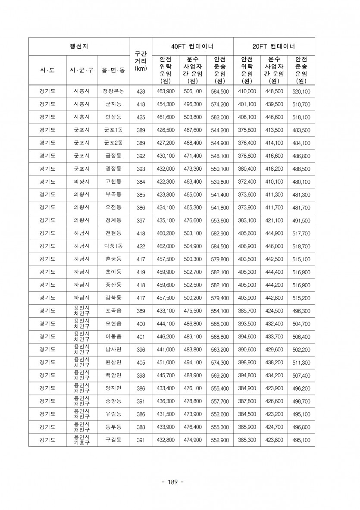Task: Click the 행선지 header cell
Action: tap(79, 47)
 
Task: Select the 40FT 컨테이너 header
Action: tap(192, 47)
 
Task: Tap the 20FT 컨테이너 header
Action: tap(274, 47)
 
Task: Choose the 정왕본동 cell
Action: tap(113, 92)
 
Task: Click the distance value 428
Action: tap(141, 92)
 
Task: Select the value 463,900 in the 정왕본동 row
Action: tap(166, 92)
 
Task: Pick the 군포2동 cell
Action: tap(113, 143)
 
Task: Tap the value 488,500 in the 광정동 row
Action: tap(301, 169)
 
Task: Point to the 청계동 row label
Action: tap(113, 220)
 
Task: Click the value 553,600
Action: tap(219, 221)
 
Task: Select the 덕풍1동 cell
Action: tap(113, 246)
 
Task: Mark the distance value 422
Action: tap(141, 247)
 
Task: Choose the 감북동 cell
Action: tap(113, 298)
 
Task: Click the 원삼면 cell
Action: tap(113, 363)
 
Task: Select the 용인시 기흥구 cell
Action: tap(81, 440)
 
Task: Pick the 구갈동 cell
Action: tap(113, 440)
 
